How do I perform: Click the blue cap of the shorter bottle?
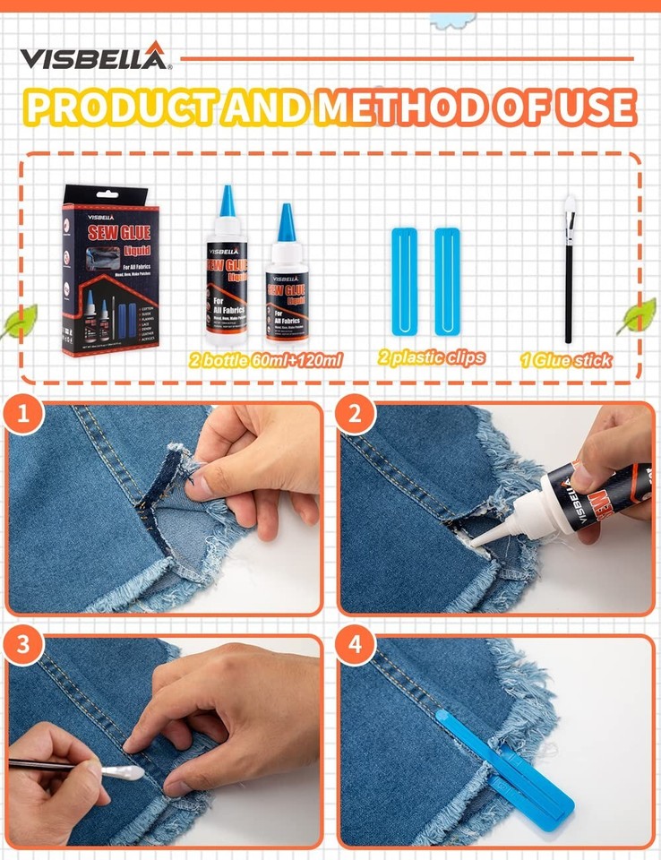tap(287, 223)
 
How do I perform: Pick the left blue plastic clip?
tap(404, 281)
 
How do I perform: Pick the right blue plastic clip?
tap(447, 281)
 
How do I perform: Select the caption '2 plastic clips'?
tap(431, 357)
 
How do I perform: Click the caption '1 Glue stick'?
tap(566, 360)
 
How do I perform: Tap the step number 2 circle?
tap(355, 416)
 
